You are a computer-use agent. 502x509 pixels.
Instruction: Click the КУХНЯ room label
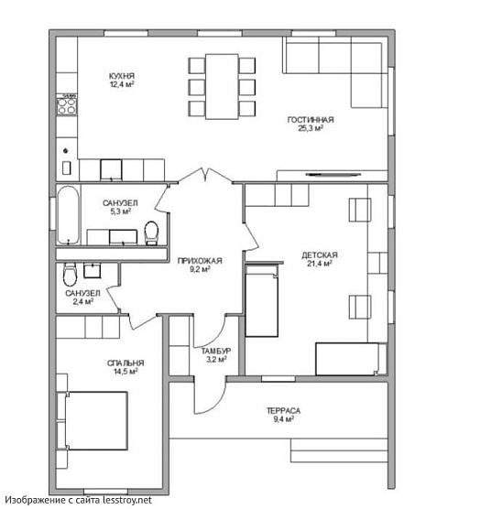click(122, 76)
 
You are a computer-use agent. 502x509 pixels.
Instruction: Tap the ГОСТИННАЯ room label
click(311, 120)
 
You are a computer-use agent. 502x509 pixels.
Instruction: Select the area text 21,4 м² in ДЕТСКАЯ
click(320, 264)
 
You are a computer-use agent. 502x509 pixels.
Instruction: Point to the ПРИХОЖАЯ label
click(200, 261)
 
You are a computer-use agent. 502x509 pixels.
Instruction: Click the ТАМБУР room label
click(216, 352)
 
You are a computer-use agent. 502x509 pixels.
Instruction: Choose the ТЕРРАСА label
click(284, 411)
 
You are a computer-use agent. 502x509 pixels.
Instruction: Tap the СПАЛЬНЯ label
click(125, 363)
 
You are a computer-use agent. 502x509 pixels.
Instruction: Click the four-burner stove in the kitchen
click(67, 106)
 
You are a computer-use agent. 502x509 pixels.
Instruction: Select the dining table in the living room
click(222, 87)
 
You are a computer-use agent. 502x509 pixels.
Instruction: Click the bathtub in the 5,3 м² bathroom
click(68, 215)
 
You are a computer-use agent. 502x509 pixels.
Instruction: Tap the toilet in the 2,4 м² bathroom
click(70, 275)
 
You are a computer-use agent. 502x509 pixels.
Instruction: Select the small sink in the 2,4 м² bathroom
click(93, 271)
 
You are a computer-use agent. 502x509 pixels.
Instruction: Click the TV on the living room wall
click(333, 175)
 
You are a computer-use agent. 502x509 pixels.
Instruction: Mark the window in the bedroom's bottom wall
click(106, 491)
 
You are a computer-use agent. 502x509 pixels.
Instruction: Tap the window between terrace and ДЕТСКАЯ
click(278, 378)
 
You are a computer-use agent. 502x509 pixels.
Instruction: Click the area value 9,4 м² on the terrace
click(284, 419)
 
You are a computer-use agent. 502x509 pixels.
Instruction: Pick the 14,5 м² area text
click(125, 372)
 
